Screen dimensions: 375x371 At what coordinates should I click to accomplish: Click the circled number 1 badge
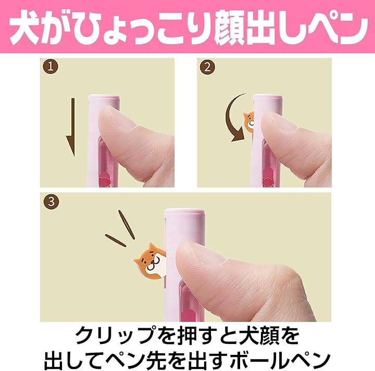coord(51,67)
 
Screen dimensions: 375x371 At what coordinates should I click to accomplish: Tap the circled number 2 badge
coord(207,67)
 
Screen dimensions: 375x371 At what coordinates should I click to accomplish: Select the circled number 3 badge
coord(51,202)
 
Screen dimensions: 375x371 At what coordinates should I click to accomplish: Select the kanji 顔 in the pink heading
coord(230,27)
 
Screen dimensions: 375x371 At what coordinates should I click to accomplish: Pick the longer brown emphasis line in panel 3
coord(127,225)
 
